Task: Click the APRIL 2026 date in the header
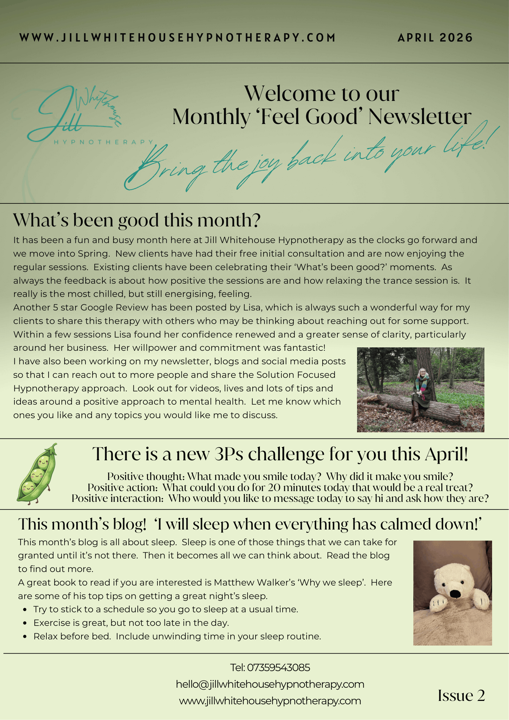(x=435, y=38)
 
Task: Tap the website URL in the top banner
(x=177, y=38)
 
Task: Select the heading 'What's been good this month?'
(x=137, y=220)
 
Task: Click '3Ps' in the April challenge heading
(x=229, y=454)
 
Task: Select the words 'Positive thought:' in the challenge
(x=146, y=477)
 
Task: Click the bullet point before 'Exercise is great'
(x=25, y=623)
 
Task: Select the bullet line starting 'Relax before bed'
(x=177, y=637)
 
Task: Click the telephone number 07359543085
(x=278, y=668)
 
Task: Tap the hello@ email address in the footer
(x=270, y=684)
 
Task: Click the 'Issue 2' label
(x=461, y=696)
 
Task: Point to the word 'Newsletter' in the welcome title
(x=420, y=117)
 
